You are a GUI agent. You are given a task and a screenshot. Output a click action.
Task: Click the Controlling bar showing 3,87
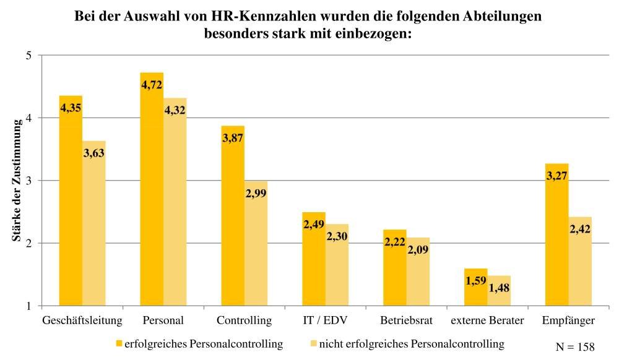point(233,216)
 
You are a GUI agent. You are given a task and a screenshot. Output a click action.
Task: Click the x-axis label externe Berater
point(487,321)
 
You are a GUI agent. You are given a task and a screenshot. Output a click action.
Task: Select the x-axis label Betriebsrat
point(407,321)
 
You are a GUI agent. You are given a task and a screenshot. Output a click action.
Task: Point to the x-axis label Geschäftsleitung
point(82,321)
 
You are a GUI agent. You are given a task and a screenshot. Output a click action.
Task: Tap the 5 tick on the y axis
point(28,56)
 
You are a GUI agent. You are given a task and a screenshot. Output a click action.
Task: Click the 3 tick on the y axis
point(28,181)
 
